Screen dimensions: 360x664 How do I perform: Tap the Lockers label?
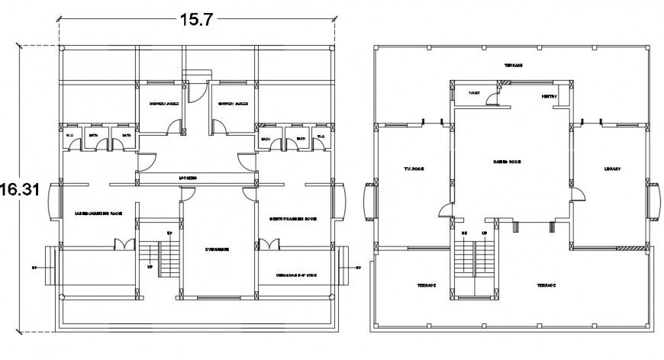coord(189,178)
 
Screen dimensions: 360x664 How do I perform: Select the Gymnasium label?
coord(218,249)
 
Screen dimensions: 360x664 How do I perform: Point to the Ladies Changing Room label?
coord(98,213)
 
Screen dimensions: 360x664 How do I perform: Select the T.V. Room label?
coord(413,169)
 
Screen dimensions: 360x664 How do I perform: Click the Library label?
coord(612,169)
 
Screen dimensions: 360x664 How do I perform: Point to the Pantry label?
coord(550,97)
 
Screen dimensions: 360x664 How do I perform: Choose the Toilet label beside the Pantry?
coord(474,93)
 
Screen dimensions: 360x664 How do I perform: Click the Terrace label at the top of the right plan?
coord(513,65)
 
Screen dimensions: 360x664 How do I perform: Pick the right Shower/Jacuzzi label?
coord(233,104)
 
